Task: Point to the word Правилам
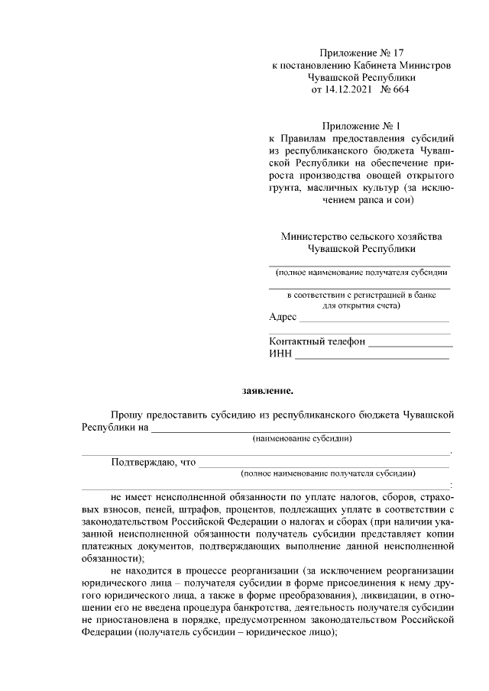(308, 139)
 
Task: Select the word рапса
(370, 201)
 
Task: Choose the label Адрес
(283, 317)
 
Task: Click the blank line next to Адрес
(374, 321)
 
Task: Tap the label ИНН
(280, 354)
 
